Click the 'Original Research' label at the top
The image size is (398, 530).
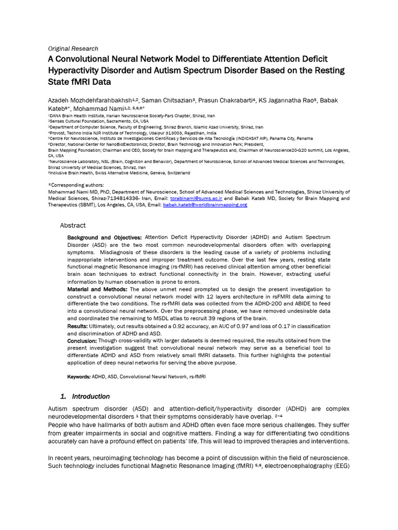[73, 49]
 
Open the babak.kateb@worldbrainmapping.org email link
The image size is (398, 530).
[205, 205]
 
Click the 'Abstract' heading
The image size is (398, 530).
[73, 225]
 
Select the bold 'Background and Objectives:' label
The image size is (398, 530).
[105, 238]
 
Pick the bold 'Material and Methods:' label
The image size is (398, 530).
[97, 289]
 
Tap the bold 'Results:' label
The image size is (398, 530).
[78, 327]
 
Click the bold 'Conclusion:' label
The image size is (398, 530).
[82, 341]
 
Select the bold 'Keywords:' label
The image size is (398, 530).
[79, 377]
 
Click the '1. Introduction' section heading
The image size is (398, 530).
[85, 396]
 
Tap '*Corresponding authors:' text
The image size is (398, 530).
[76, 185]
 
